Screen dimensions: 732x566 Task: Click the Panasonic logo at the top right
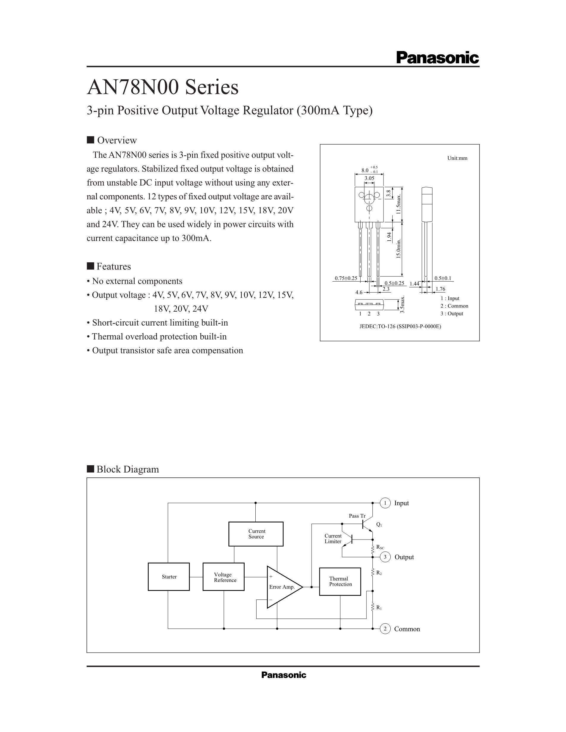tap(437, 58)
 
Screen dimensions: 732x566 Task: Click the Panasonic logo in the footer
tap(284, 675)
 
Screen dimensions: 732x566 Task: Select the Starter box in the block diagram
tap(169, 577)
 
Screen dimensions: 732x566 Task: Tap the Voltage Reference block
tap(223, 577)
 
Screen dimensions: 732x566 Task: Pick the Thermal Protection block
tap(340, 581)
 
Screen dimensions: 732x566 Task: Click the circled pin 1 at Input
tap(385, 503)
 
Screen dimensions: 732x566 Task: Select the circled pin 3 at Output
tap(385, 557)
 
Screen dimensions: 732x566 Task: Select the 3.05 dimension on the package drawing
tap(369, 178)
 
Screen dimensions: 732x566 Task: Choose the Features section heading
tap(114, 266)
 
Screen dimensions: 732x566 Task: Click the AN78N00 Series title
tap(163, 87)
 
